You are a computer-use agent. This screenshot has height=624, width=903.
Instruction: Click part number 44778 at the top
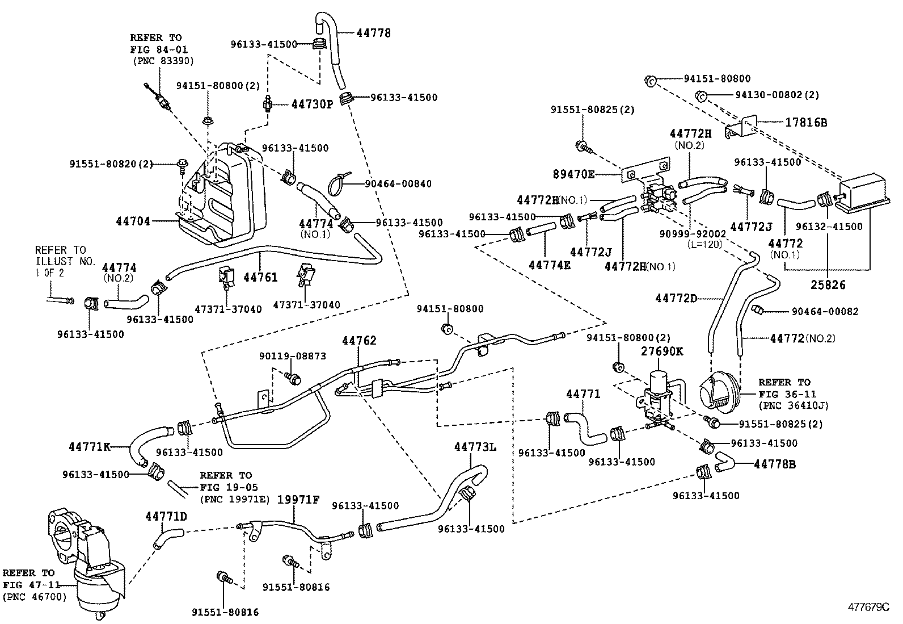pos(374,33)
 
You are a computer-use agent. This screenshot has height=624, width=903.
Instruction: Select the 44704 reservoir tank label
pos(134,221)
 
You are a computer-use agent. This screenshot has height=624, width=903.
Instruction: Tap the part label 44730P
pos(312,104)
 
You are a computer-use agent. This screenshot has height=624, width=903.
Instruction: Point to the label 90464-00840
pos(399,183)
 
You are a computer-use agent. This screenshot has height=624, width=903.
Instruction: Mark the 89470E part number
pos(573,174)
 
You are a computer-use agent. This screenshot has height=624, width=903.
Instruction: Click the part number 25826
pos(828,284)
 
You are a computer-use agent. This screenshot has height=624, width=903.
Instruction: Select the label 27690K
pos(662,351)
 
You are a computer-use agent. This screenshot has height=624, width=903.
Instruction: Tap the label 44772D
pos(676,298)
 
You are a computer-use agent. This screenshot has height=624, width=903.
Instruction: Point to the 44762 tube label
pos(359,341)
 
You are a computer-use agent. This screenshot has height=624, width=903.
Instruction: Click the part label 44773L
pos(475,447)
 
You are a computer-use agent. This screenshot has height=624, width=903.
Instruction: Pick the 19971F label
pos(298,500)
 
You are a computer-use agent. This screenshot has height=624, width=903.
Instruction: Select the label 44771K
pos(90,446)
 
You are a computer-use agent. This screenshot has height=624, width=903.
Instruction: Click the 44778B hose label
pos(775,464)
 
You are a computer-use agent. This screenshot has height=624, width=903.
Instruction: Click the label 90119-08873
pos(293,356)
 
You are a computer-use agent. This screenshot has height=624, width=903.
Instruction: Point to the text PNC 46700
pos(35,597)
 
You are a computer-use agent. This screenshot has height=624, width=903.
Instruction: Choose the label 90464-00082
pos(825,311)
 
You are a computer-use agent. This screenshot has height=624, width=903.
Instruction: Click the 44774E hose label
pos(550,265)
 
